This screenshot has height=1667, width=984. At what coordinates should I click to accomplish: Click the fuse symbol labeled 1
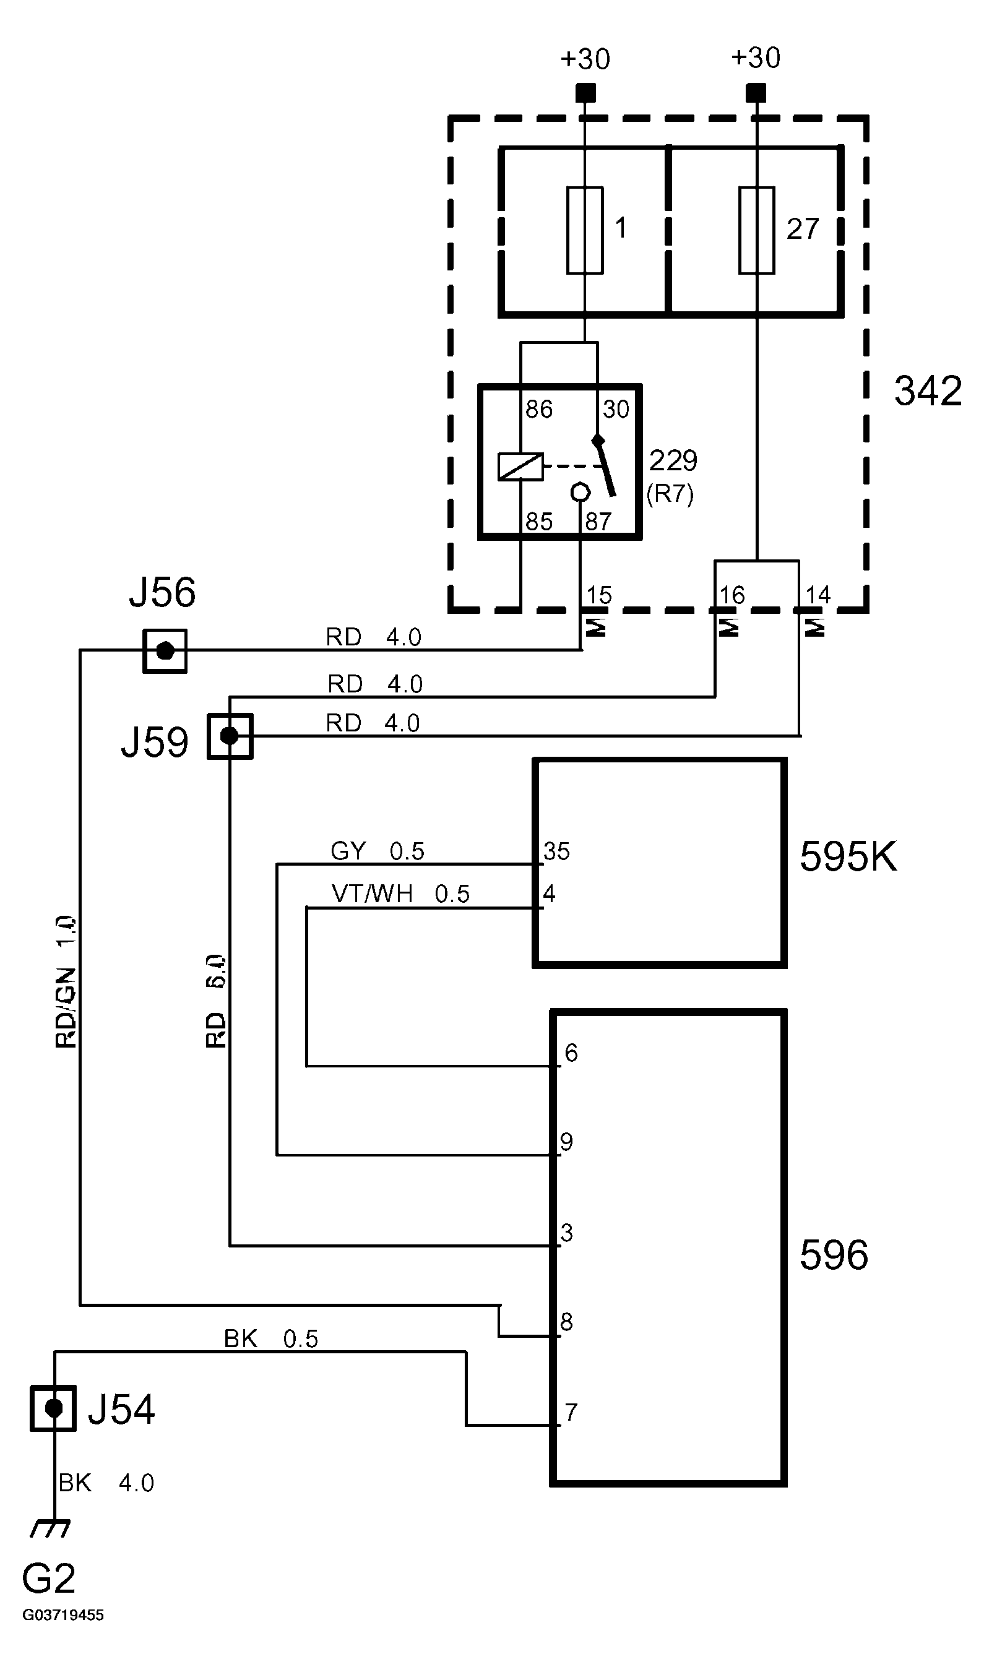tap(584, 230)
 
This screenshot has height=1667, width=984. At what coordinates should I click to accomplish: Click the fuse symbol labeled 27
tap(756, 230)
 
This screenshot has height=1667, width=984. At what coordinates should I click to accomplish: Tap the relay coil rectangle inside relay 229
tap(520, 467)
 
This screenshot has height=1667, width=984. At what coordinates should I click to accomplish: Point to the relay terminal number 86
tap(538, 410)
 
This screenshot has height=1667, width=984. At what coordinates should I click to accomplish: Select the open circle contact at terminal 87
tap(580, 493)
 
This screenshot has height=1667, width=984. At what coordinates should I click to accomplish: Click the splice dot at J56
tap(165, 651)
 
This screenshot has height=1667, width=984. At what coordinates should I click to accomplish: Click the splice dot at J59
tap(230, 736)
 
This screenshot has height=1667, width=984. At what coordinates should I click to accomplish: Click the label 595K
tap(848, 856)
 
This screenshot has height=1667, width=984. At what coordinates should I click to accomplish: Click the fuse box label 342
tap(928, 391)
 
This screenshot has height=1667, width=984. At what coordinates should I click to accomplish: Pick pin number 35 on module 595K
tap(556, 851)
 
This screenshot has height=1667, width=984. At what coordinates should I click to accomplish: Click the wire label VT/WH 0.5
tap(400, 894)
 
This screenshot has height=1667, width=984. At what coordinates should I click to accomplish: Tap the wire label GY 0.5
tap(377, 851)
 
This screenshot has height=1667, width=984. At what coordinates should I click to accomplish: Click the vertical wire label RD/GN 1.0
tap(66, 981)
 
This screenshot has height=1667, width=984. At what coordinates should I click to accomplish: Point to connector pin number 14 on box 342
tap(817, 595)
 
